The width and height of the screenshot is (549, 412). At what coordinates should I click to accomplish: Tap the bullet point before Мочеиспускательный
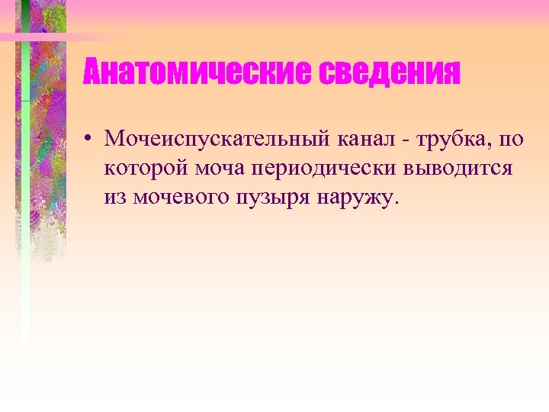89,139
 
